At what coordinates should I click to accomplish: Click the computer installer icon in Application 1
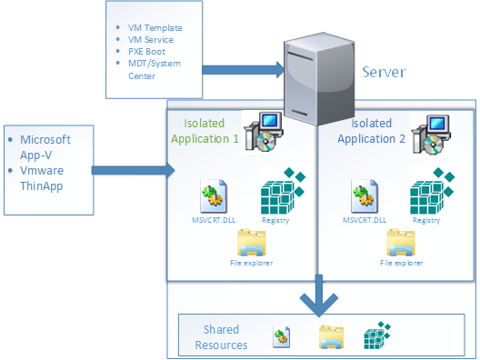(263, 133)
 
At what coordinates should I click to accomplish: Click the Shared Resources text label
(221, 338)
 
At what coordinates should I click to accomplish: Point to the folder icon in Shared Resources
(330, 337)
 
